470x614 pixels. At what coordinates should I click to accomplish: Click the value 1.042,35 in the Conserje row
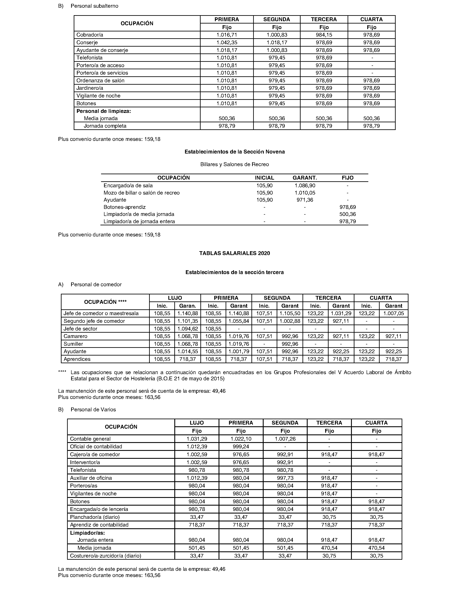(227, 43)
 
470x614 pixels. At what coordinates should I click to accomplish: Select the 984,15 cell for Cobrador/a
(324, 35)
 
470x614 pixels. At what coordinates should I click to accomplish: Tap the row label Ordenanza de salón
(100, 81)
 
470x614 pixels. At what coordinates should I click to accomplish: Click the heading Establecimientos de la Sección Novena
(234, 152)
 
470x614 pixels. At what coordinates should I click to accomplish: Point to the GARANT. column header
(305, 178)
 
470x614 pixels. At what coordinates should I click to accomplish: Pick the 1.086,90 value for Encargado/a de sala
(305, 185)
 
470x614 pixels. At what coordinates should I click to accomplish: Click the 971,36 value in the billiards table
(305, 200)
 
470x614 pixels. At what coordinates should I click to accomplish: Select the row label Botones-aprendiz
(125, 207)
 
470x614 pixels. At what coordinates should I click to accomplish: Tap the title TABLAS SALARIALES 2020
(234, 253)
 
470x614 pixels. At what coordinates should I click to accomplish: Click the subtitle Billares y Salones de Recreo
(234, 164)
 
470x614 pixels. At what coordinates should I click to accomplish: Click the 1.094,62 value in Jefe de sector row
(187, 329)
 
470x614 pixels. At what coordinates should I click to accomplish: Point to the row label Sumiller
(73, 344)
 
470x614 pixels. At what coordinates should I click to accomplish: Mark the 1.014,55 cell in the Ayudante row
(187, 351)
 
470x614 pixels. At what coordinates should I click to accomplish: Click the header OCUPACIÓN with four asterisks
(105, 302)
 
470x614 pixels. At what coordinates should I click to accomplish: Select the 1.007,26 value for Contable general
(285, 439)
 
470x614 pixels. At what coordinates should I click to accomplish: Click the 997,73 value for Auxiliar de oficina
(285, 478)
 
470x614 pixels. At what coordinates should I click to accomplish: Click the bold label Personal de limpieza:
(104, 111)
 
